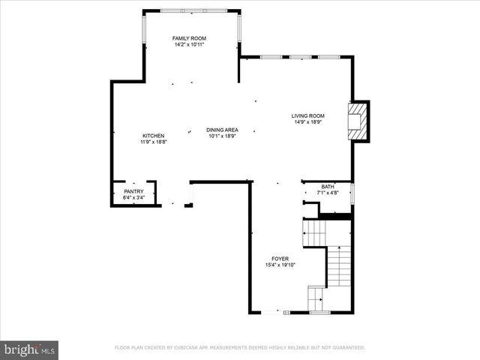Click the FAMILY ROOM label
(x=189, y=38)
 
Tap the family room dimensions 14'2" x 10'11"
(x=189, y=45)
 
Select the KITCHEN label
(x=153, y=136)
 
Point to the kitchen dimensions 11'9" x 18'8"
(x=153, y=142)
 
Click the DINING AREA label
(x=223, y=130)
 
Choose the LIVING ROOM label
(x=307, y=115)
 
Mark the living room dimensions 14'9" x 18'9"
(x=307, y=122)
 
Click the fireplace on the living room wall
(x=359, y=121)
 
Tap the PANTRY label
(x=133, y=191)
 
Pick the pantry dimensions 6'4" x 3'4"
(x=133, y=198)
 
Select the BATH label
(x=328, y=187)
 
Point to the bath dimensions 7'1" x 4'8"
(x=328, y=193)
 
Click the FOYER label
(x=280, y=259)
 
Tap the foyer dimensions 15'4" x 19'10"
(x=280, y=265)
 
